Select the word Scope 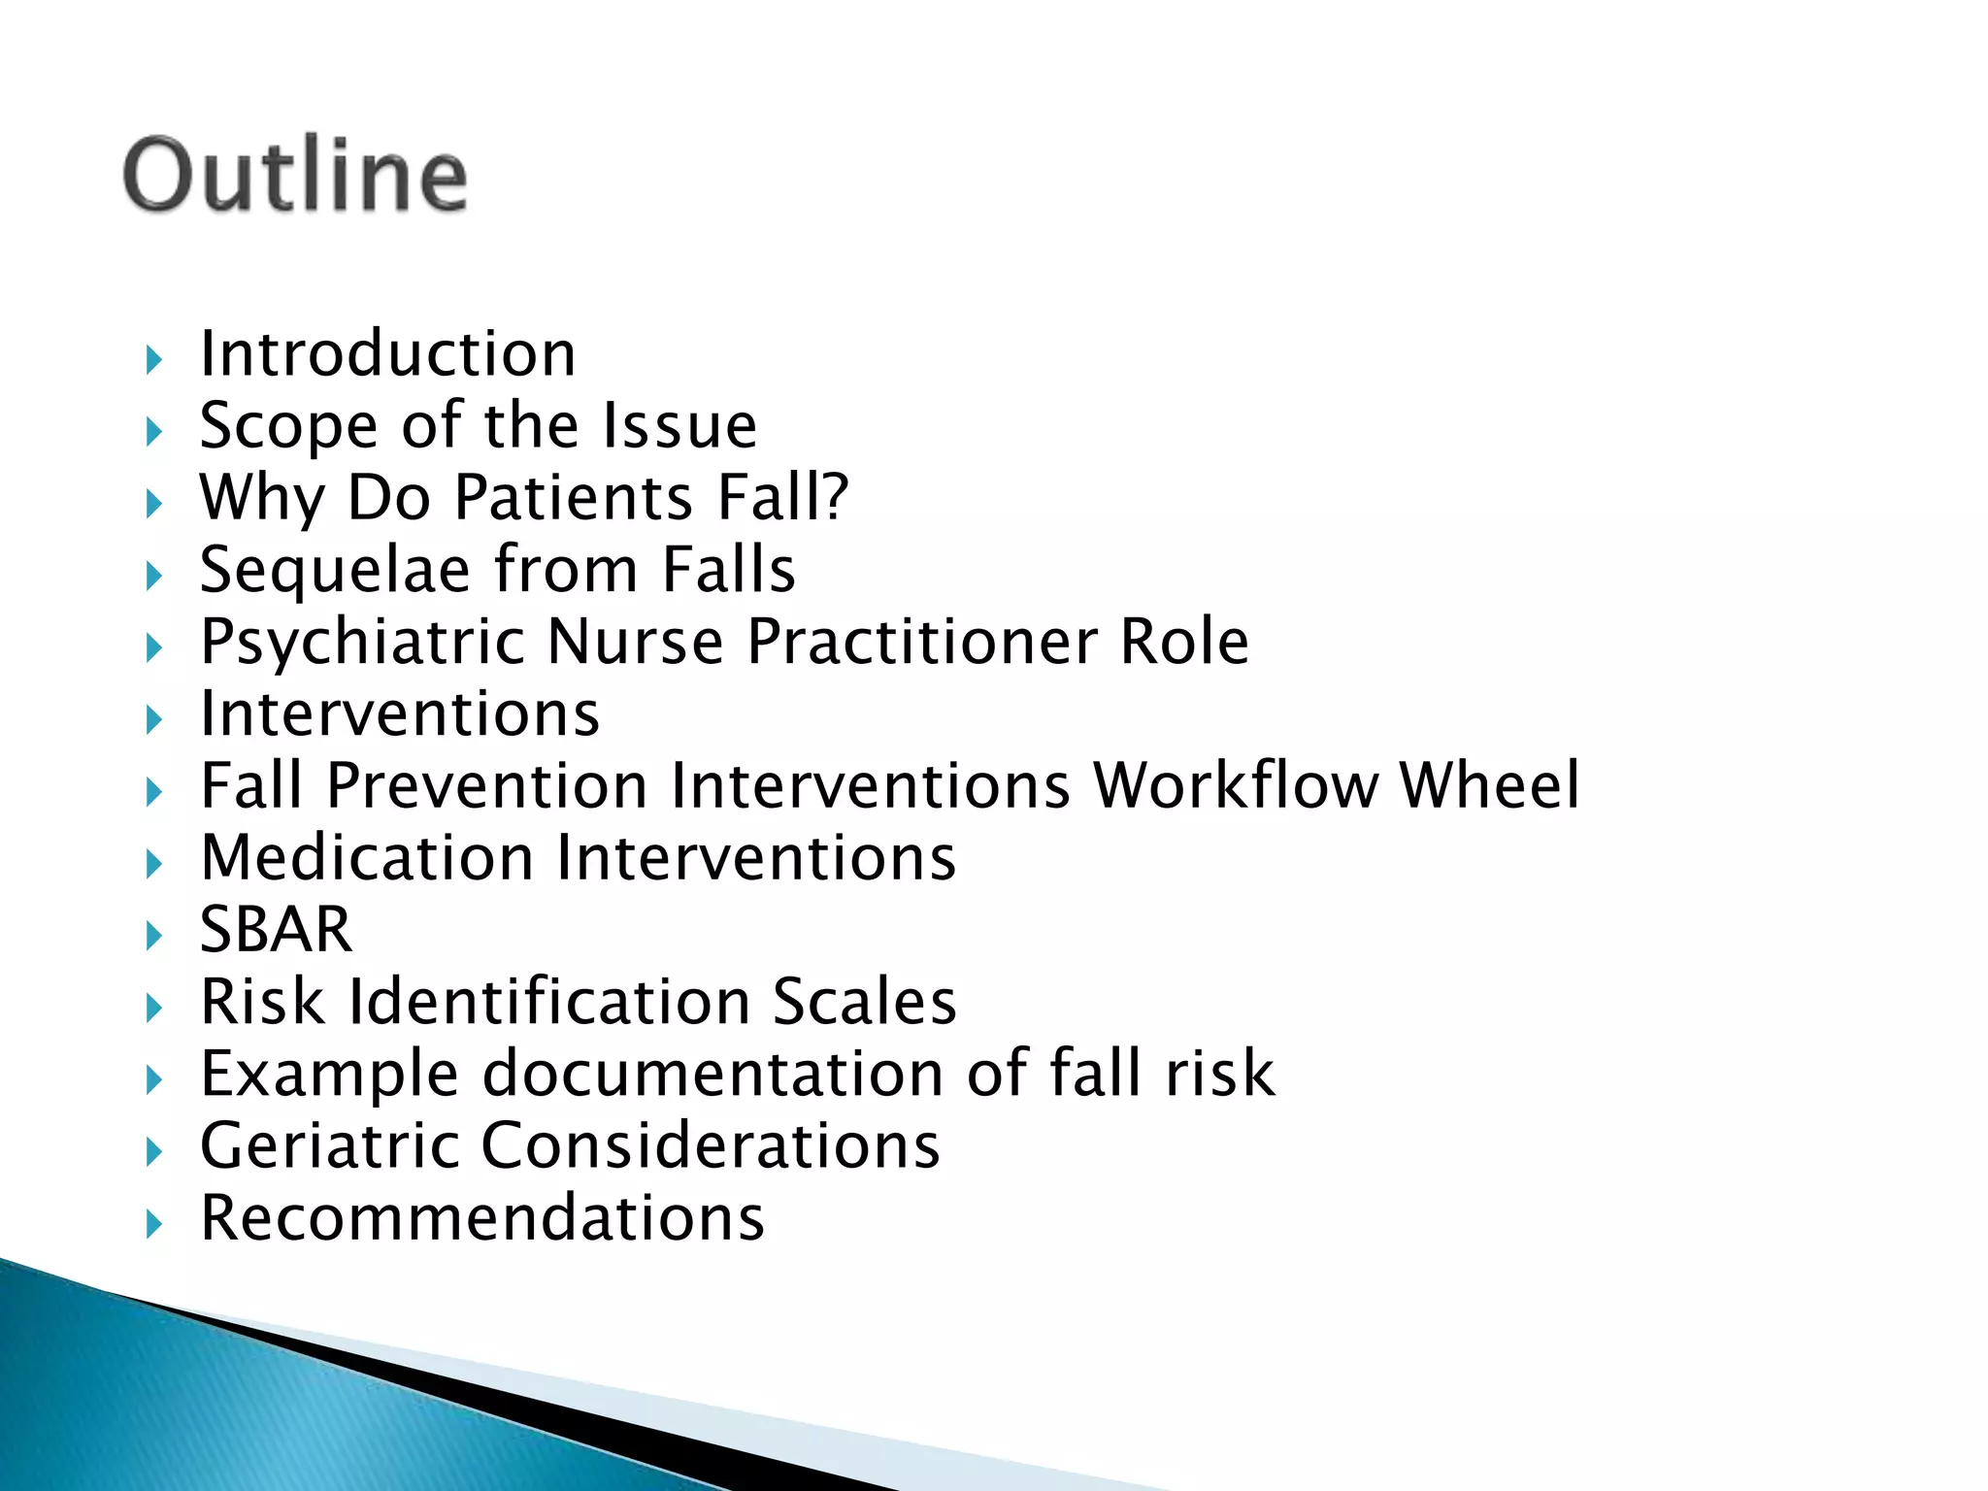287,427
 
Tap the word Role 1183,642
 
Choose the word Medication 367,858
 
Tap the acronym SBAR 276,930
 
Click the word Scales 864,1002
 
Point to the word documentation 712,1074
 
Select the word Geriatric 329,1145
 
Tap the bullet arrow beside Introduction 153,360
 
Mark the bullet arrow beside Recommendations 153,1223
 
